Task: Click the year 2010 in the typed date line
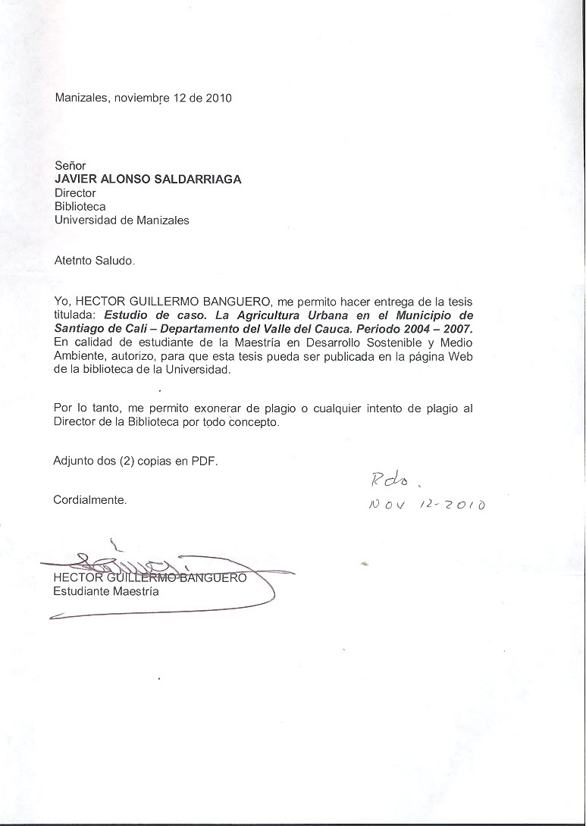coord(218,98)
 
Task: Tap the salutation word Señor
coord(71,165)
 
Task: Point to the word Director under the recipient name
coord(75,192)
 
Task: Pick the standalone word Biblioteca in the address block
coord(80,206)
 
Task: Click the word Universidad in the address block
coord(84,221)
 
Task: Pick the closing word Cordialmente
coord(90,500)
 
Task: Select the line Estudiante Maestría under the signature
coord(106,592)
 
